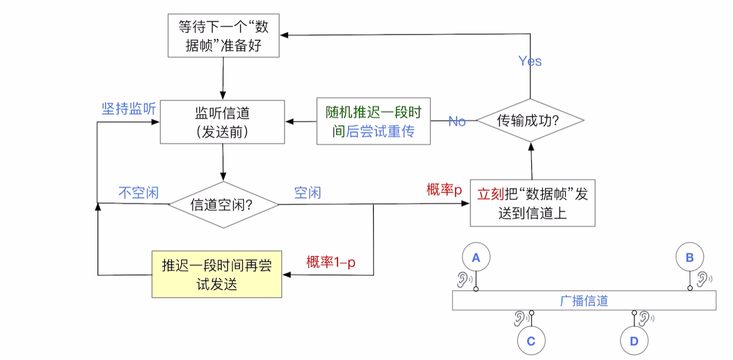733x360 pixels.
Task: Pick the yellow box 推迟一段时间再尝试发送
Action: click(x=216, y=274)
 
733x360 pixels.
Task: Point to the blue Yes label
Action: click(x=530, y=61)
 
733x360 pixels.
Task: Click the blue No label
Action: click(x=457, y=122)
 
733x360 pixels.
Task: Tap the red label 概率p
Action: click(x=444, y=190)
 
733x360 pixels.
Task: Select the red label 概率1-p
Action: click(x=331, y=262)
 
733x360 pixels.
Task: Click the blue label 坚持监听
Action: click(x=129, y=109)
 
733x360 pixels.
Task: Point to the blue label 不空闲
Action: click(x=139, y=193)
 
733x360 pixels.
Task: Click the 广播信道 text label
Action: click(x=584, y=301)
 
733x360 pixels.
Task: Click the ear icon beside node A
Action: click(x=464, y=280)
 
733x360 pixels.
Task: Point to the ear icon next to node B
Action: click(x=704, y=279)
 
